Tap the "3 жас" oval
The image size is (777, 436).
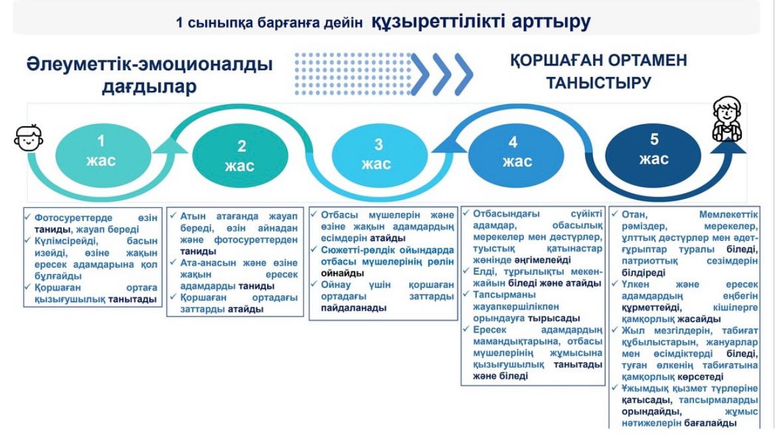pos(377,154)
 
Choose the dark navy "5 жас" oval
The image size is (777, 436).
pos(653,149)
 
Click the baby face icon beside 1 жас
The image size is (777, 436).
pos(28,139)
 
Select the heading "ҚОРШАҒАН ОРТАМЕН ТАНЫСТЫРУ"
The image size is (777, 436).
pos(598,71)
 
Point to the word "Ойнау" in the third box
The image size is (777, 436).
pos(337,285)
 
